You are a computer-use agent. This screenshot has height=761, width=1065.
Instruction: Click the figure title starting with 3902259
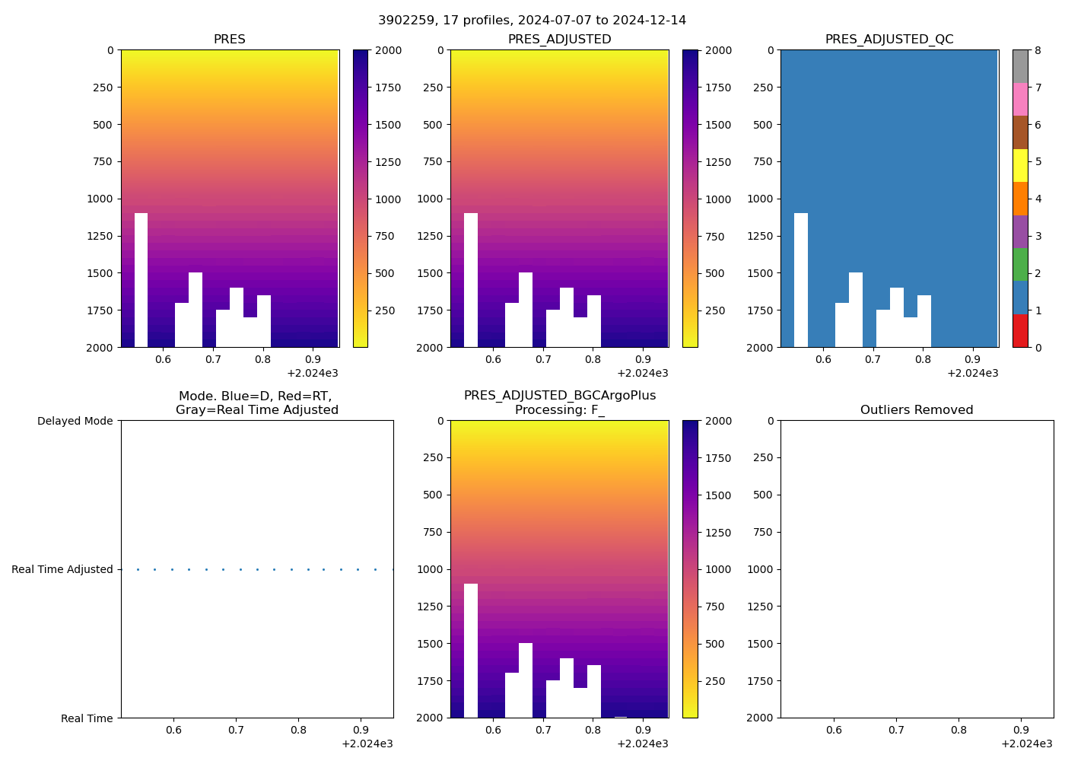pos(532,21)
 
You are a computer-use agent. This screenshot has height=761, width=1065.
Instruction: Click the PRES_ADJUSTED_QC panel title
pos(889,40)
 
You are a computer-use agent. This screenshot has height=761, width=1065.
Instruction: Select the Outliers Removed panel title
pos(916,410)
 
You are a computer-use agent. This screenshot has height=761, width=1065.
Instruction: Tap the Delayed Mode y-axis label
pos(75,421)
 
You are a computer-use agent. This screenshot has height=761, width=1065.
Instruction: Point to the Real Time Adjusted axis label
pos(62,569)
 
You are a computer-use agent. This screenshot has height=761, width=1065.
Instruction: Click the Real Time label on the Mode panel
pos(87,718)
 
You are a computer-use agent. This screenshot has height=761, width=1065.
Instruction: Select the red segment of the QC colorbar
pos(1020,331)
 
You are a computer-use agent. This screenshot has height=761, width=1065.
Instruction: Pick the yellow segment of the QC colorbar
pos(1020,165)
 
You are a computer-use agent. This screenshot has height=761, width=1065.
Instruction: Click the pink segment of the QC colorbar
pos(1020,99)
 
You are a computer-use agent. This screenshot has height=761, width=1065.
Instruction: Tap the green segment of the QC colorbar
pos(1020,264)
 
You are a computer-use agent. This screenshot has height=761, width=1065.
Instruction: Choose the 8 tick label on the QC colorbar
pos(1038,50)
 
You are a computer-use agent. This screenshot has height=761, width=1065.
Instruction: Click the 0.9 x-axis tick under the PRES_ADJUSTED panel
pos(642,359)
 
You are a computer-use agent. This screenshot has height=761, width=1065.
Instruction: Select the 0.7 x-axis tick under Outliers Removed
pos(896,730)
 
